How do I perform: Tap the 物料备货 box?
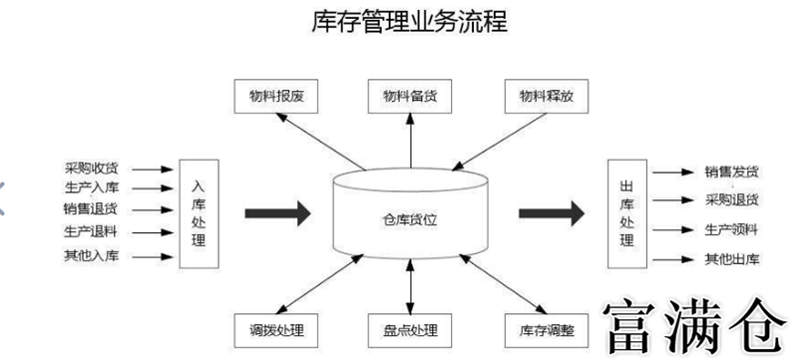point(410,96)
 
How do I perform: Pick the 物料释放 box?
point(547,96)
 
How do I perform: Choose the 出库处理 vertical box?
point(625,212)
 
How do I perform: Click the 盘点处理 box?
point(410,329)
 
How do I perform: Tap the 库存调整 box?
point(547,329)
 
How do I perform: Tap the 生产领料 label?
point(731,228)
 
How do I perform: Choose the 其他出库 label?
point(731,258)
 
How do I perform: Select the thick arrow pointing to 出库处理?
point(549,211)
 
